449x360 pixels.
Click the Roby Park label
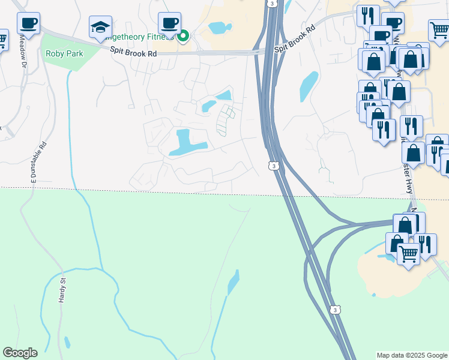(x=64, y=53)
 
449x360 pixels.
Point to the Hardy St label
(x=61, y=290)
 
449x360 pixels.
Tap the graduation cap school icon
(x=101, y=26)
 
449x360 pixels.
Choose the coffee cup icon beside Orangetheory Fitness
(x=170, y=23)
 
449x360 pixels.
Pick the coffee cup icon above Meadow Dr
(x=28, y=23)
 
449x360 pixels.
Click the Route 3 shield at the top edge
(x=273, y=4)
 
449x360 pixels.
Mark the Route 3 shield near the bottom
(x=335, y=310)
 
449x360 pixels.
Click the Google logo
(x=20, y=353)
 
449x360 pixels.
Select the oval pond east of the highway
(x=309, y=86)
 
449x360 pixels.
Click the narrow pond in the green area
(x=234, y=283)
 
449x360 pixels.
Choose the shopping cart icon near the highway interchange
(x=409, y=254)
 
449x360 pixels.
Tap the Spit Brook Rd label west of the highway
(x=133, y=52)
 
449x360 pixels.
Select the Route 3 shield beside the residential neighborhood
(x=273, y=166)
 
